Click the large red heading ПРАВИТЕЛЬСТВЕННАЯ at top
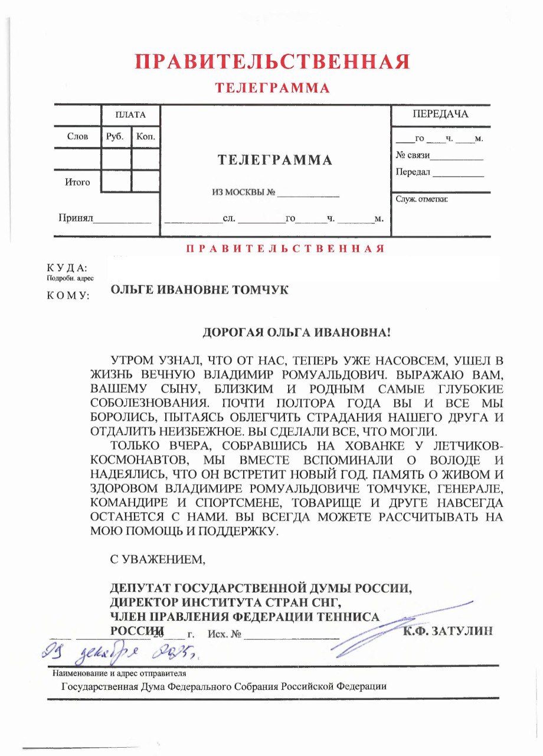pos(271,61)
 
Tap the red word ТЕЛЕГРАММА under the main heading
pos(272,89)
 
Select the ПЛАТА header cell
pos(130,115)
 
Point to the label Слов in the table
pos(77,136)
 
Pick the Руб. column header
pos(115,136)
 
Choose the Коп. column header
pos(145,136)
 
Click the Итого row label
pos(77,182)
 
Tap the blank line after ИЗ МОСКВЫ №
pos(308,193)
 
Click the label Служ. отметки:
pos(421,199)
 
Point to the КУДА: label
pos(67,268)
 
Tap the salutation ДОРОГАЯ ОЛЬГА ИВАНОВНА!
pos(297,333)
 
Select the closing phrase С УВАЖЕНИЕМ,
pos(158,558)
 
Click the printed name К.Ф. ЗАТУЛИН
pos(447,631)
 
